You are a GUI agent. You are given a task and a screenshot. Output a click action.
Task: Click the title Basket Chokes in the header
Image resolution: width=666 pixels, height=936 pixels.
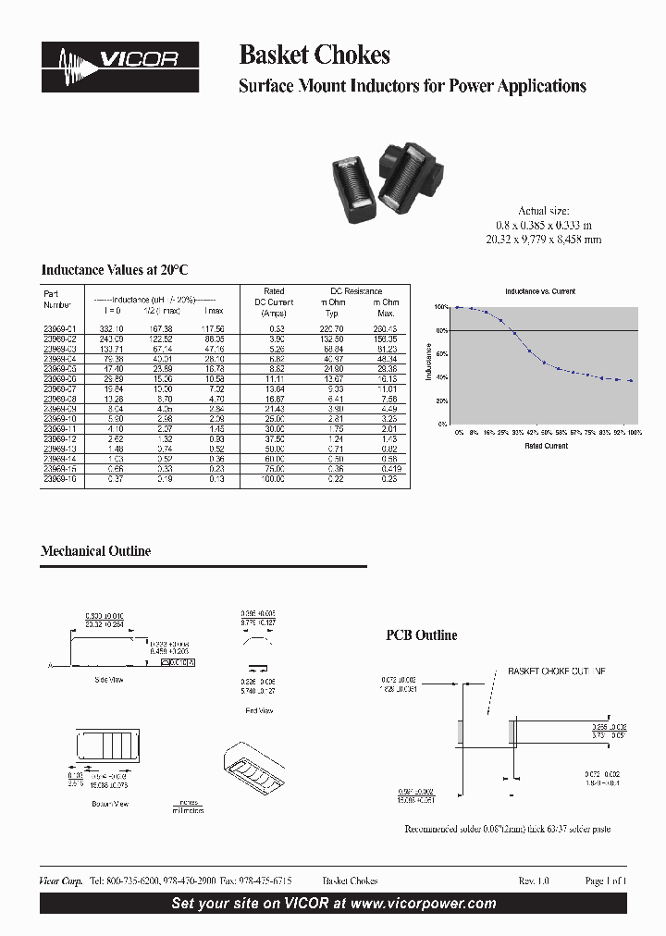tap(314, 55)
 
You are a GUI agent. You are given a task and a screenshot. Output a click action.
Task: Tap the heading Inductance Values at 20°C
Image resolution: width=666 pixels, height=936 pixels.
tap(115, 270)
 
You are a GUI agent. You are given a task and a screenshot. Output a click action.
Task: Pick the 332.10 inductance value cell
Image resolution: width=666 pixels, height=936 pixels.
tap(112, 328)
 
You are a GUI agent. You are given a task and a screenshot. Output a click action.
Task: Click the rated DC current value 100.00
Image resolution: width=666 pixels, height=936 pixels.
tap(273, 478)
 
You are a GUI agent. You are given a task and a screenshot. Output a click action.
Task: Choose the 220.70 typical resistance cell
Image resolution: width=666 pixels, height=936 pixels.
tap(331, 328)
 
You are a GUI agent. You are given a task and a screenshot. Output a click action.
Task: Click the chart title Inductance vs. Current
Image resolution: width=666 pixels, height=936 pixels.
tap(539, 292)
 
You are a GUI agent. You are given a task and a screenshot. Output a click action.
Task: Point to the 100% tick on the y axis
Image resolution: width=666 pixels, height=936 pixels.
tap(441, 307)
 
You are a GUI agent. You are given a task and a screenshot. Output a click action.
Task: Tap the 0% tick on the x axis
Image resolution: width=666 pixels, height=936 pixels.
tap(458, 433)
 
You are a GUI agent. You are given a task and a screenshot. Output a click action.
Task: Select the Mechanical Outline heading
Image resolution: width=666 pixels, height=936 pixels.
tap(95, 551)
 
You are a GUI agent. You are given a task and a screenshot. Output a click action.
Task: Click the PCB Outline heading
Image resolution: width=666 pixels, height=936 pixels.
tap(421, 635)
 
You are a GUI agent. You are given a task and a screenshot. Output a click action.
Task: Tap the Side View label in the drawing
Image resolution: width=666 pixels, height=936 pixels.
tap(108, 680)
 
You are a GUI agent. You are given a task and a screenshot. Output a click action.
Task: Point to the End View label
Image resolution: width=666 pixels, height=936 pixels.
tap(259, 710)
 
